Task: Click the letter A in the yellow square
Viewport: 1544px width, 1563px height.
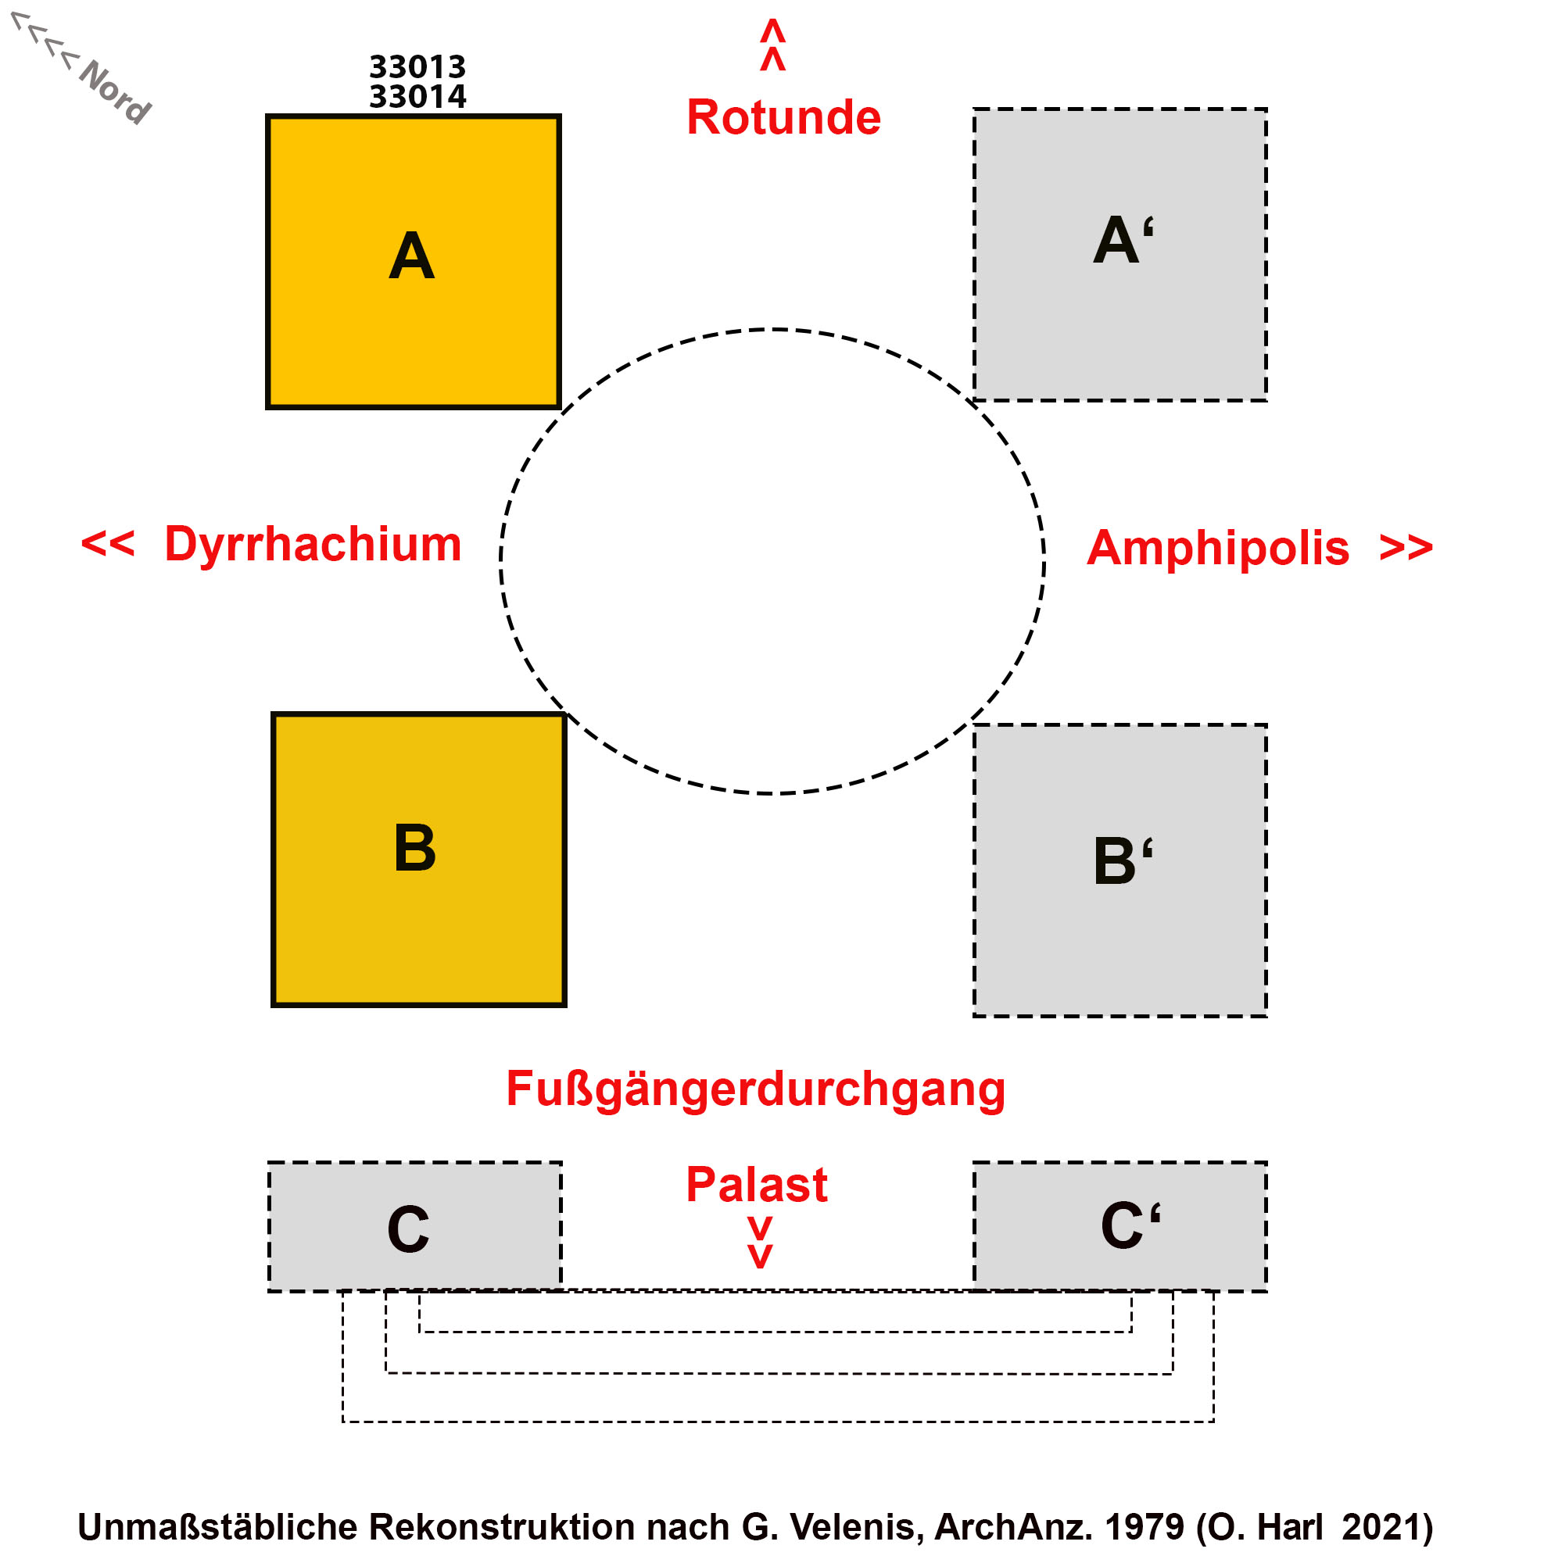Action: [x=411, y=256]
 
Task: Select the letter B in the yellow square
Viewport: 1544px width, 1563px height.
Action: [x=414, y=848]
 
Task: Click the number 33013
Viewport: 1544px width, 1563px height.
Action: [x=417, y=66]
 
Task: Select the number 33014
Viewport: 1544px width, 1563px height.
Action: [x=417, y=96]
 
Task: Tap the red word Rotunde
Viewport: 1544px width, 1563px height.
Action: [x=783, y=116]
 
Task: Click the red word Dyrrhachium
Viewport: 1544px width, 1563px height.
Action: [x=313, y=543]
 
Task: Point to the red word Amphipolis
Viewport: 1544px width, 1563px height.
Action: [x=1217, y=548]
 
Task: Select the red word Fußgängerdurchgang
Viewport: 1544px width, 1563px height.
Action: [x=755, y=1088]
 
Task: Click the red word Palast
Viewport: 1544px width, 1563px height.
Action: [x=756, y=1185]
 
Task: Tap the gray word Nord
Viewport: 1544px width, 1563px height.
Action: [x=114, y=91]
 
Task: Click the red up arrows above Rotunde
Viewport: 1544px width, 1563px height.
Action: [x=772, y=45]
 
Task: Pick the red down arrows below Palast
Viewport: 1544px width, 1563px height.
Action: [x=759, y=1242]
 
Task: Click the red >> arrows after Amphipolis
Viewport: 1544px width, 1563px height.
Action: [x=1406, y=547]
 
